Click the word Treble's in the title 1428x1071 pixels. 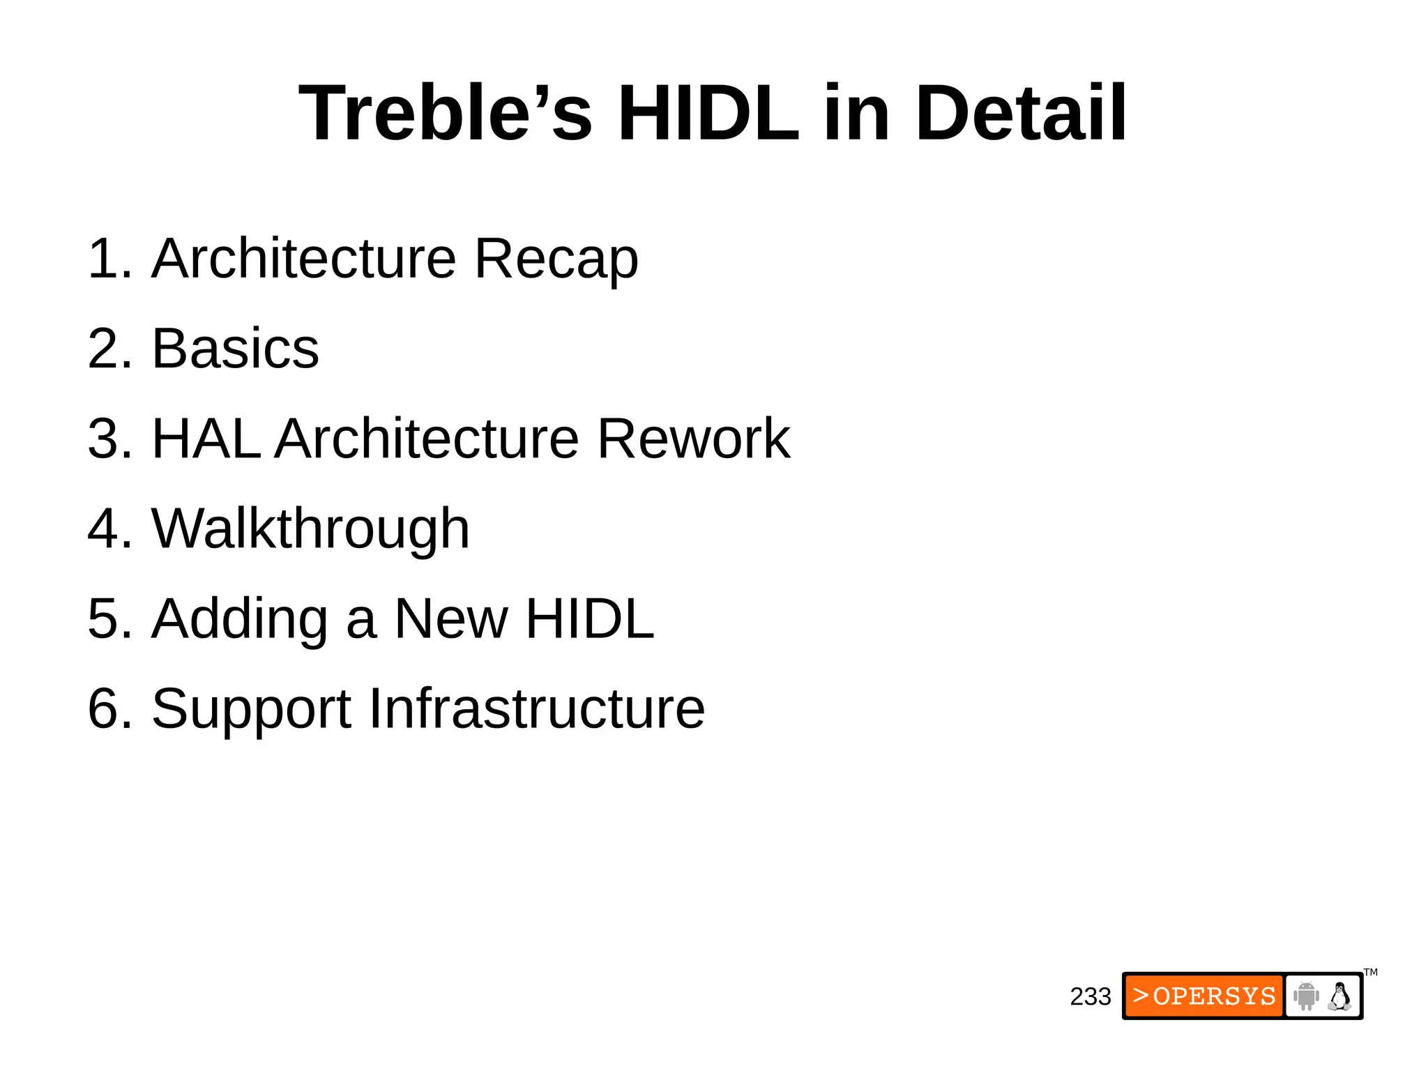click(x=445, y=113)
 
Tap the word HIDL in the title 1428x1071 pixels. click(x=708, y=113)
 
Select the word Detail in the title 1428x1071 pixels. click(x=1020, y=113)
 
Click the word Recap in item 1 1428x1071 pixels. click(x=556, y=259)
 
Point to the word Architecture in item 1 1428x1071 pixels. click(x=303, y=258)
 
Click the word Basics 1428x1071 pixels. click(x=235, y=348)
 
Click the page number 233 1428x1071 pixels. click(x=1090, y=996)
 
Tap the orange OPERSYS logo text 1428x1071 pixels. click(x=1204, y=996)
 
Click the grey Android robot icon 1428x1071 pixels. click(x=1305, y=996)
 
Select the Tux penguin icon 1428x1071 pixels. click(x=1339, y=996)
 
